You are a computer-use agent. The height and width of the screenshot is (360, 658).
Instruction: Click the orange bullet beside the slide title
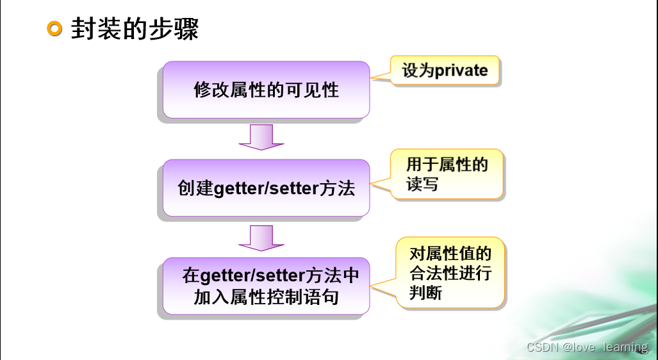coord(56,29)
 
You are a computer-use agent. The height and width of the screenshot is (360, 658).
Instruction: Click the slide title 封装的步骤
coord(135,29)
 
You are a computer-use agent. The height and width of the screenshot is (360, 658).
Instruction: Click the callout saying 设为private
coord(445,70)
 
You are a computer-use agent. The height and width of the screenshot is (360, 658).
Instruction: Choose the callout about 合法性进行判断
coord(450,273)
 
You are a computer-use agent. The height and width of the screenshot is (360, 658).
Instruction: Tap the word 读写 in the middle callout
coord(422,184)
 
